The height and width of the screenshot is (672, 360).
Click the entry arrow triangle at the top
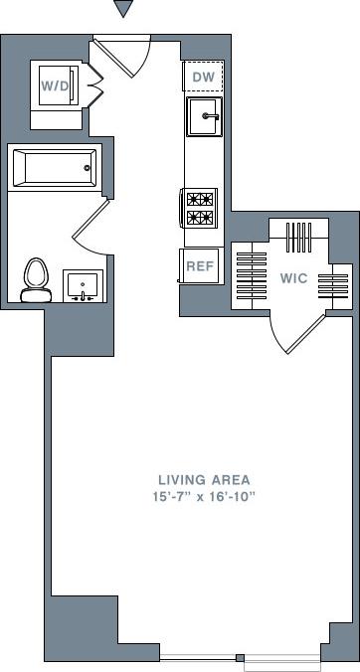[123, 9]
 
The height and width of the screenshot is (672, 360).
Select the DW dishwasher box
[202, 77]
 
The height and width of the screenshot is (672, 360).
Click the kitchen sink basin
[203, 117]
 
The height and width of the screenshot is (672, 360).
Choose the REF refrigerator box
[199, 265]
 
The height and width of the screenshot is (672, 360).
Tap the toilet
[37, 278]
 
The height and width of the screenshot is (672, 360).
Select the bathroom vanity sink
[81, 284]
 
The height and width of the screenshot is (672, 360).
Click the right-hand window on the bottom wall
[282, 660]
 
